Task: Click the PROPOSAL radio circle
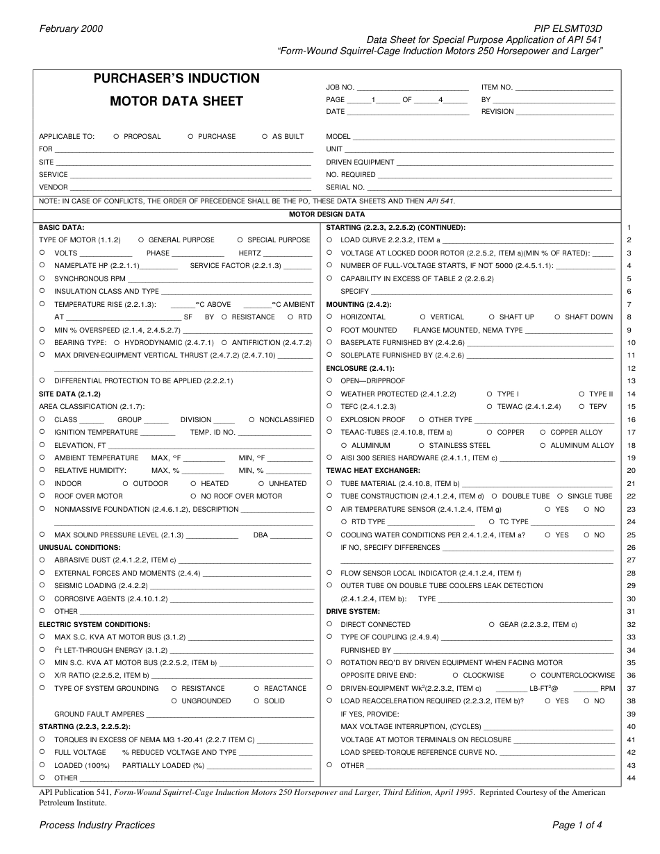(x=116, y=137)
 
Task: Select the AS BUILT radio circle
(x=265, y=137)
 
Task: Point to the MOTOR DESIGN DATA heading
(x=327, y=215)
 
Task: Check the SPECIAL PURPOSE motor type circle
(x=240, y=240)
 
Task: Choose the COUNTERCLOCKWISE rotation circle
(x=534, y=676)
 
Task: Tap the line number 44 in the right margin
(x=631, y=778)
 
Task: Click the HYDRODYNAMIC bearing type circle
(x=117, y=343)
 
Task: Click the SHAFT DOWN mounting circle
(x=557, y=317)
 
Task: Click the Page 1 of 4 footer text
(x=577, y=826)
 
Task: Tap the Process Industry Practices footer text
(x=97, y=826)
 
